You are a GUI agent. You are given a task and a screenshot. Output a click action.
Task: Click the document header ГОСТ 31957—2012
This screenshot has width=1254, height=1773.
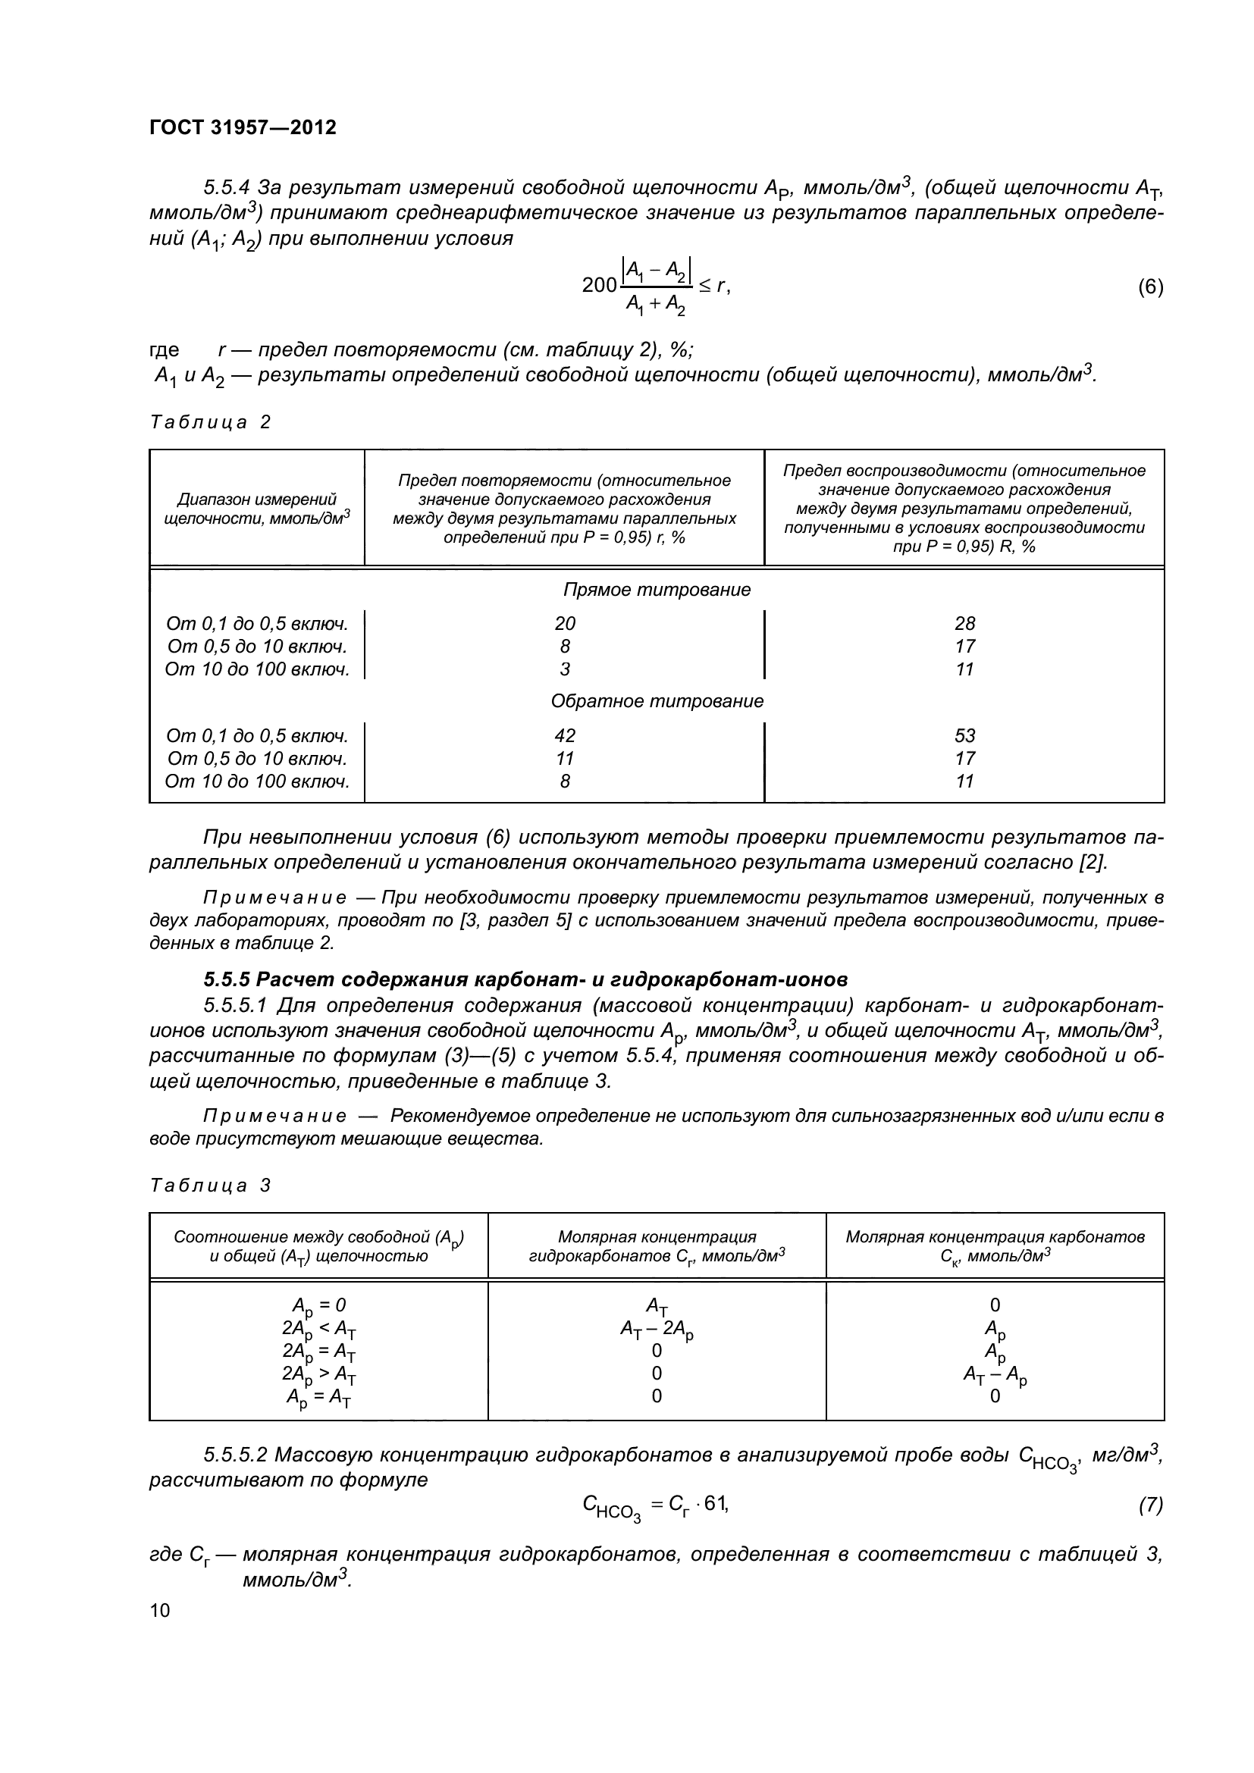point(243,127)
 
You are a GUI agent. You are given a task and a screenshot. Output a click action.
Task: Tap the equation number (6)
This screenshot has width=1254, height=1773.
point(1150,287)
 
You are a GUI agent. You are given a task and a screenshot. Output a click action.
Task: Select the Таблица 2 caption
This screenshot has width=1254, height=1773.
point(210,422)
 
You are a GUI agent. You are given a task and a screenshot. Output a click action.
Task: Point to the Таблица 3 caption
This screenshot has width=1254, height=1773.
point(210,1186)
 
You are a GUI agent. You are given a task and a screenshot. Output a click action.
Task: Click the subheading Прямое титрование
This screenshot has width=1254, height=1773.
point(657,590)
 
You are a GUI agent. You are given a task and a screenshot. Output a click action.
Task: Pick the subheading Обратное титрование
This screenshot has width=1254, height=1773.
point(657,701)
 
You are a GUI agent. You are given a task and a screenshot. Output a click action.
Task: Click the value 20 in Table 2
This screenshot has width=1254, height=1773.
point(565,623)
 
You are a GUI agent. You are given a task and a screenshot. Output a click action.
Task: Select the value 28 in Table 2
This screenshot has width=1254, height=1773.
point(964,623)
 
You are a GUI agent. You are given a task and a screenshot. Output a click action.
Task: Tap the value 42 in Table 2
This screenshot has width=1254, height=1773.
point(565,735)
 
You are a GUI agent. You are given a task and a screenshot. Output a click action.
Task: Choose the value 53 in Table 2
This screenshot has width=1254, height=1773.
point(964,735)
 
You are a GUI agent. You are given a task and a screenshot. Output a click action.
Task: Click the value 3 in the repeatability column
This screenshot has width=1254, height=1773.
point(565,669)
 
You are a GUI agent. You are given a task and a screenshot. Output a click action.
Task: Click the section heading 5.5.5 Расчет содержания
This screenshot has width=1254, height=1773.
point(525,979)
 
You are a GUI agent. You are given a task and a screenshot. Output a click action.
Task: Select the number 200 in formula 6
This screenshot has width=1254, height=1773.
point(599,286)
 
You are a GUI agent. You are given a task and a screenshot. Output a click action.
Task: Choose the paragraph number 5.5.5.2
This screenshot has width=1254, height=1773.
point(236,1455)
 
